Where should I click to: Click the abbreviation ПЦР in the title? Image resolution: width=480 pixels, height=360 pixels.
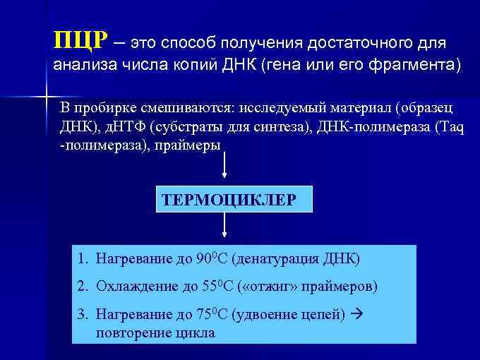point(80,40)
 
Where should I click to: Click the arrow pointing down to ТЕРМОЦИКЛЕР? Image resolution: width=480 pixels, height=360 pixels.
point(225,168)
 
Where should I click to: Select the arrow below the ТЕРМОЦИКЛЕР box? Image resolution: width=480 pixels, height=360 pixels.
point(225,227)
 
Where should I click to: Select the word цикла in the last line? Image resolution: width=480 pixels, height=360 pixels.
point(198,332)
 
